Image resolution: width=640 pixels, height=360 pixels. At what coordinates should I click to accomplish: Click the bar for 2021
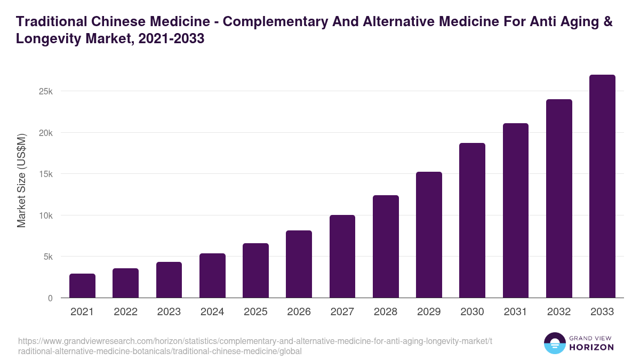click(82, 286)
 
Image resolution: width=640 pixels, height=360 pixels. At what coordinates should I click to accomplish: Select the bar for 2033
click(602, 186)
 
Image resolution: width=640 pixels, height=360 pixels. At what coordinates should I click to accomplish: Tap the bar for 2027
click(342, 257)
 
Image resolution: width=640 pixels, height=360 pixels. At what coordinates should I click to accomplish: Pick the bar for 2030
click(472, 220)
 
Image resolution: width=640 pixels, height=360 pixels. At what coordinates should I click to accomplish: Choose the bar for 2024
click(212, 276)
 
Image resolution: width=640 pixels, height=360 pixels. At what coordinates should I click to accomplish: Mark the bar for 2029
click(429, 235)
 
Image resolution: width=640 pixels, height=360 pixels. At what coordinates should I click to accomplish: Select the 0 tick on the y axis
click(50, 298)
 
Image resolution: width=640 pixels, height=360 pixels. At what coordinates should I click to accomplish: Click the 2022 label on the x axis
click(125, 312)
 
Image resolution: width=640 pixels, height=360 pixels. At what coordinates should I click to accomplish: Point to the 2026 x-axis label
click(299, 312)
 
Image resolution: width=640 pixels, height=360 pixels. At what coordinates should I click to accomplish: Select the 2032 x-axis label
click(559, 312)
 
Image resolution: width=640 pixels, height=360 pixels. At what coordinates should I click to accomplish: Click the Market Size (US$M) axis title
click(21, 180)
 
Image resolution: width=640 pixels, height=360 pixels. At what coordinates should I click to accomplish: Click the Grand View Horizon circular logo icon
click(554, 343)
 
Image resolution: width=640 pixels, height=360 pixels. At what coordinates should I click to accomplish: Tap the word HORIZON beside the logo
click(591, 347)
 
